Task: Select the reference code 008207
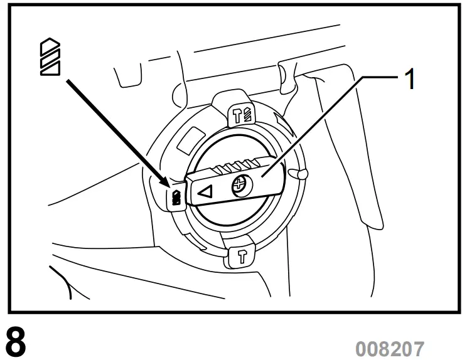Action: point(390,347)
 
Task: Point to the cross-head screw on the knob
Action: point(239,186)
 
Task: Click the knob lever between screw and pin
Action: point(270,179)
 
